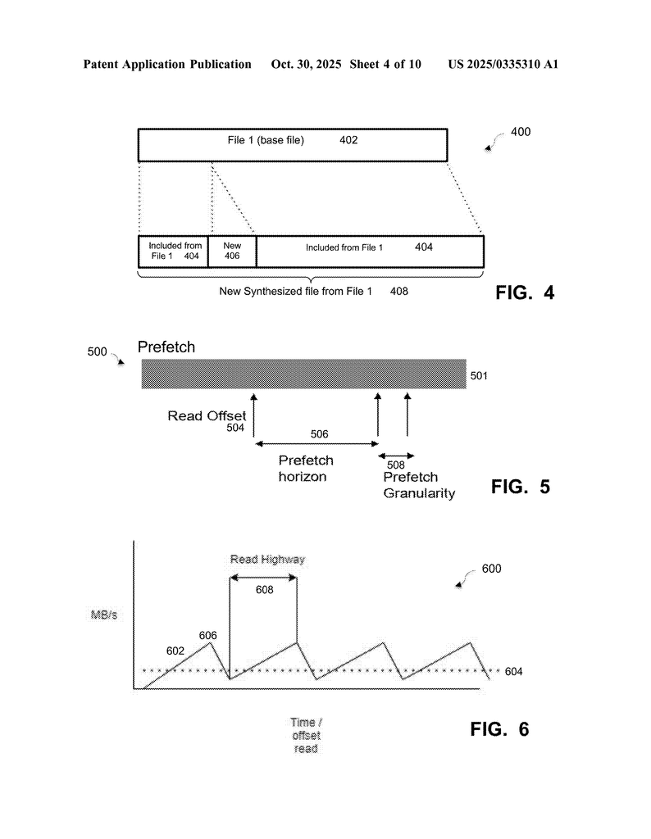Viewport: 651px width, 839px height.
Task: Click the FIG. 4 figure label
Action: pyautogui.click(x=525, y=293)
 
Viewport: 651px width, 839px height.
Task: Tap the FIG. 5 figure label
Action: pyautogui.click(x=520, y=487)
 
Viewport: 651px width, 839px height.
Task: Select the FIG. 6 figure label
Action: pyautogui.click(x=499, y=729)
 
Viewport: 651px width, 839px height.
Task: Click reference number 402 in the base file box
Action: pyautogui.click(x=348, y=140)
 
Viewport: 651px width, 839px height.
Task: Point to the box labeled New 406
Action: pyautogui.click(x=232, y=251)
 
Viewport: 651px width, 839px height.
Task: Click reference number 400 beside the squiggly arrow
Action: pyautogui.click(x=521, y=131)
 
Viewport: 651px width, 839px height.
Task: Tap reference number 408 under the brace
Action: pyautogui.click(x=398, y=291)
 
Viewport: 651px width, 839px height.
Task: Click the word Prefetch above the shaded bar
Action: pyautogui.click(x=166, y=347)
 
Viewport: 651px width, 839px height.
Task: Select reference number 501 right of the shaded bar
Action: pyautogui.click(x=480, y=377)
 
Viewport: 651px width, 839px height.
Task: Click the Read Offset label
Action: pyautogui.click(x=207, y=415)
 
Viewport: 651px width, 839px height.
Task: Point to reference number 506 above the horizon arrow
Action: pyautogui.click(x=316, y=433)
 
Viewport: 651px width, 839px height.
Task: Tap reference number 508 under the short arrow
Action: pyautogui.click(x=395, y=465)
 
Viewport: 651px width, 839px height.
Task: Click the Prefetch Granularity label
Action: pyautogui.click(x=418, y=485)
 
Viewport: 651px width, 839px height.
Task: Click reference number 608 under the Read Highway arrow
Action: pyautogui.click(x=264, y=589)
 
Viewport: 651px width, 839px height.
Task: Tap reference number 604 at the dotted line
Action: pyautogui.click(x=513, y=672)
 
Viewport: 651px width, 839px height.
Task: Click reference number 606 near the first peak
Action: pyautogui.click(x=207, y=635)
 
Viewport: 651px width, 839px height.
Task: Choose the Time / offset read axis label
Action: pyautogui.click(x=306, y=735)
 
